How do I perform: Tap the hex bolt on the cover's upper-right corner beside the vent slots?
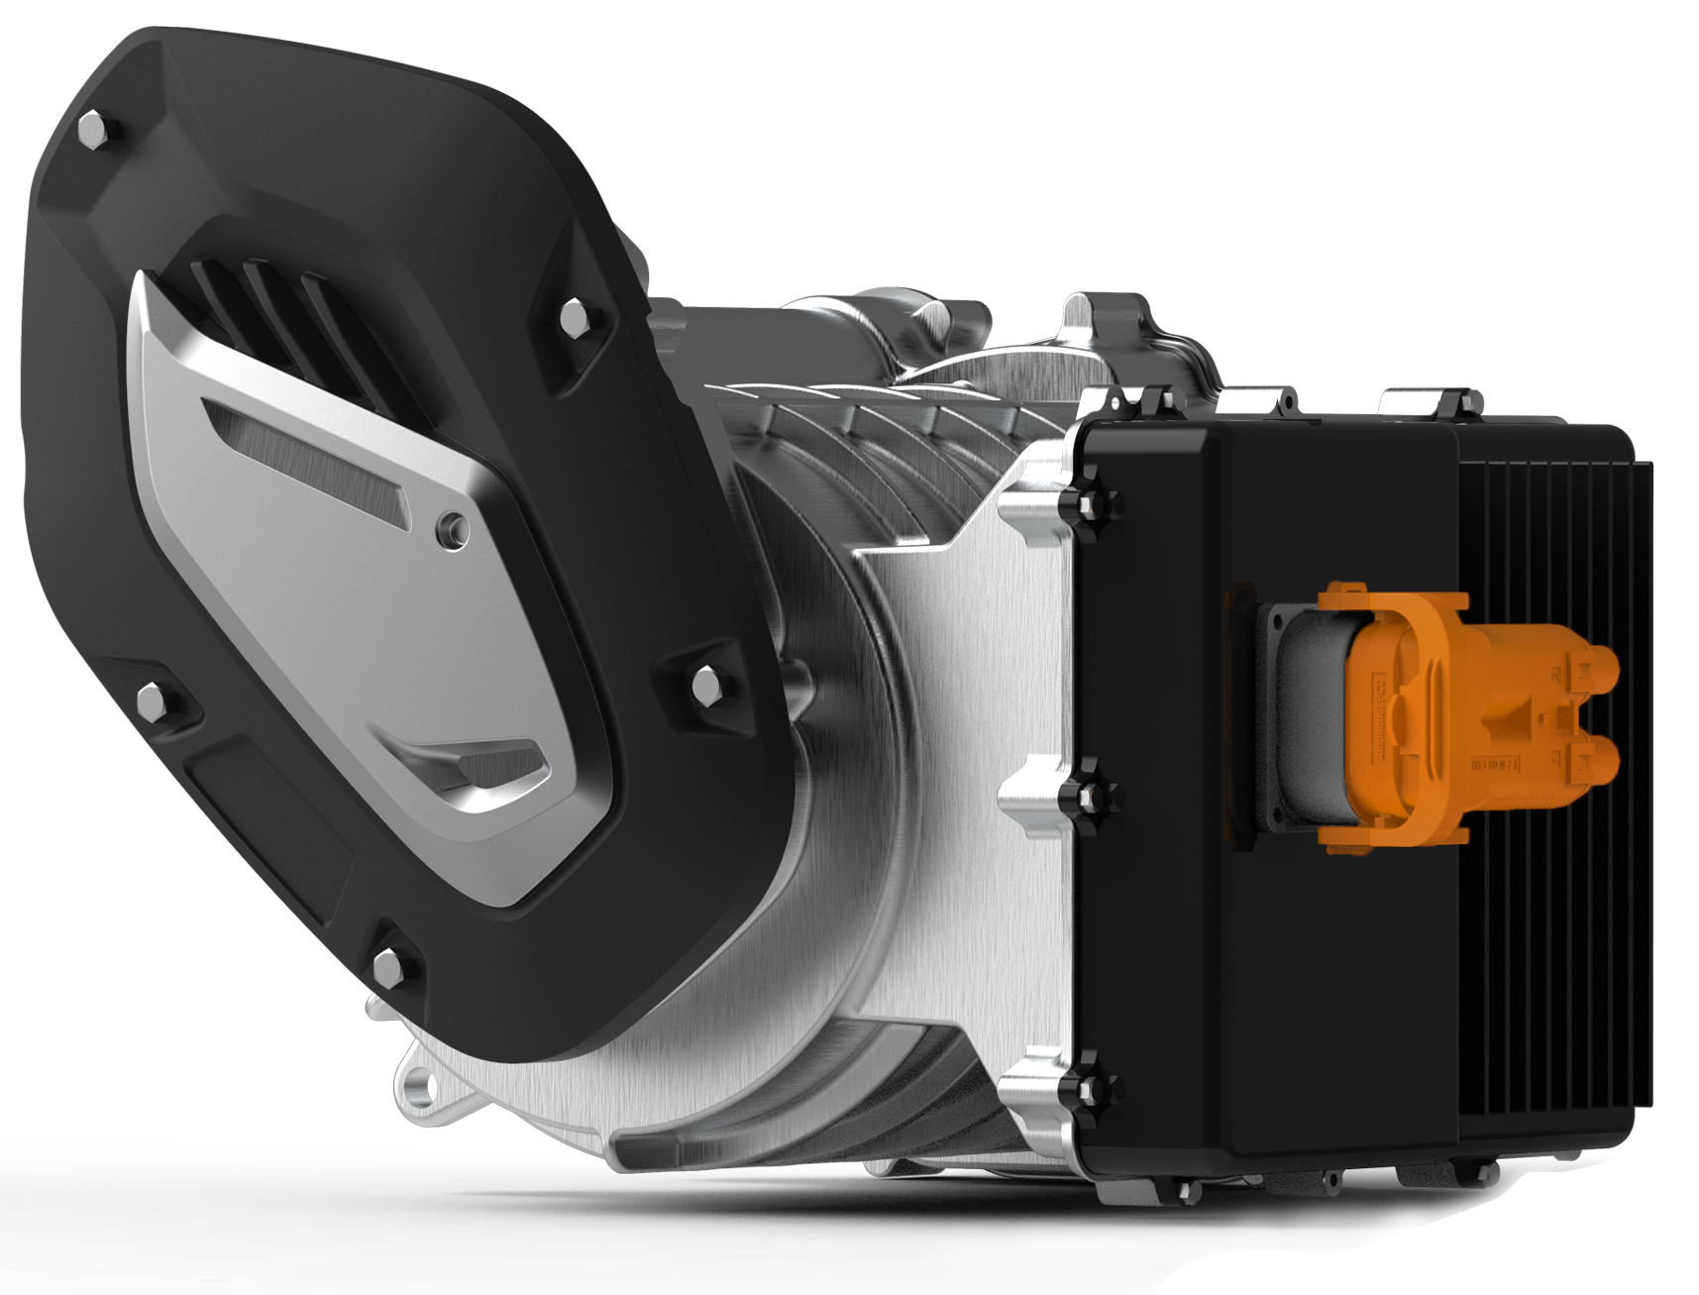pos(574,317)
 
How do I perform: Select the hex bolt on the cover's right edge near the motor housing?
pos(705,684)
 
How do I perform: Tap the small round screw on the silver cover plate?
pos(453,524)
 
